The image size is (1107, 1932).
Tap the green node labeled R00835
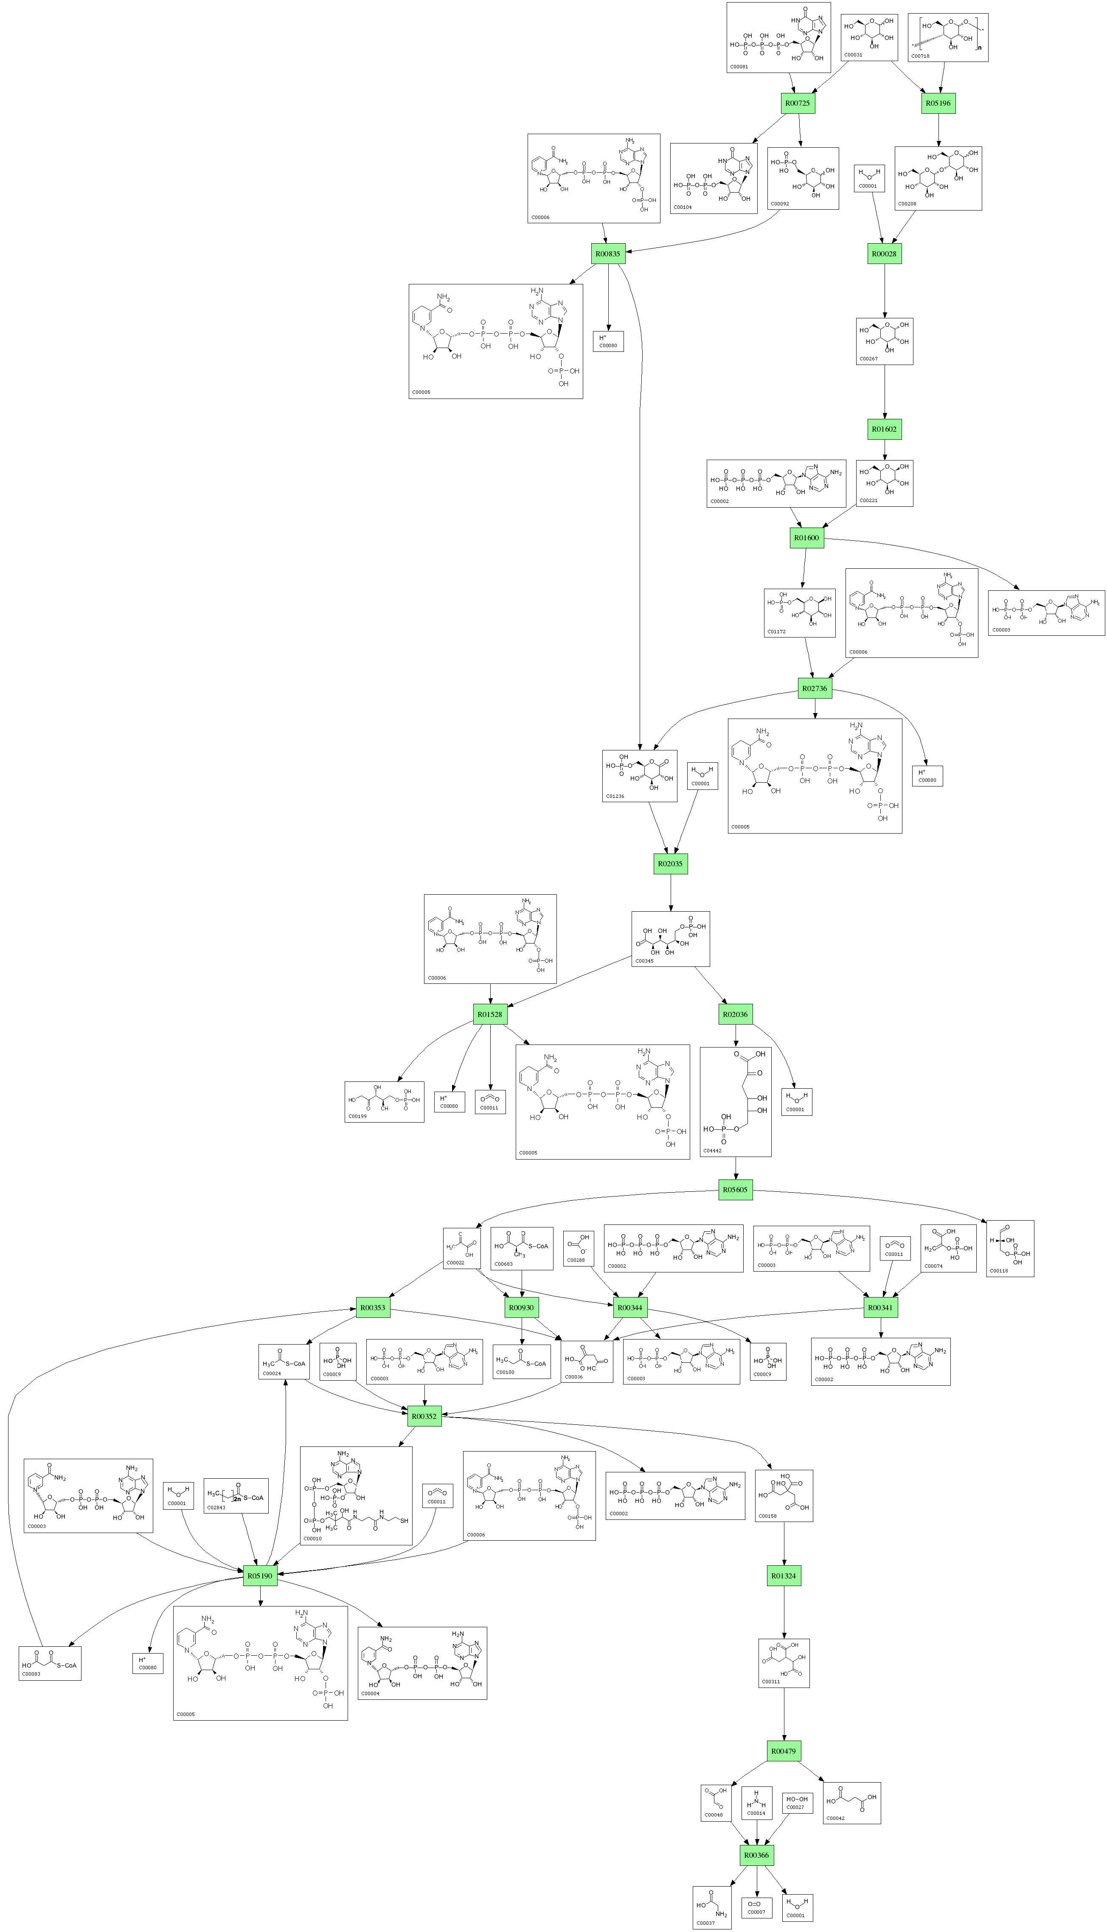click(608, 254)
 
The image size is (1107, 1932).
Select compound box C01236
click(639, 776)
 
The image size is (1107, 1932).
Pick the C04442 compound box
click(735, 1102)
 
